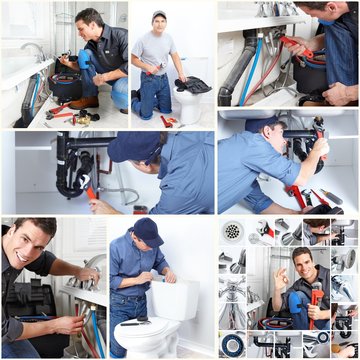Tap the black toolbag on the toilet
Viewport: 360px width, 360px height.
193,85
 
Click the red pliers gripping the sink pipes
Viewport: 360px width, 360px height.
296,48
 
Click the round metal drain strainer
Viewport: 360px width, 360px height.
233,231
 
